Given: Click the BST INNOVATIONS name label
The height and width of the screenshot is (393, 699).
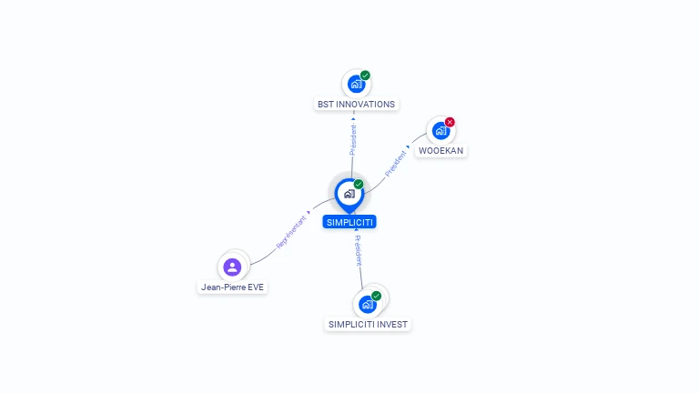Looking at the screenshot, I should coord(356,105).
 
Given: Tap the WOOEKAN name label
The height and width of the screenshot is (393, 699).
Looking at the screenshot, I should coord(441,150).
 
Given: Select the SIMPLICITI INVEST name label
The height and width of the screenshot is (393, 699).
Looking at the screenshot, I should coord(369,325).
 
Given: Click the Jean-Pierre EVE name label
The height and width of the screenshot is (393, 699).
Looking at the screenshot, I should coord(233,287).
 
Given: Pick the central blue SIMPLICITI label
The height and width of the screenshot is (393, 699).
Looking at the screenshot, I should coord(349,222).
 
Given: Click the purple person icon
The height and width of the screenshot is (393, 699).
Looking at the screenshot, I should coord(232,267).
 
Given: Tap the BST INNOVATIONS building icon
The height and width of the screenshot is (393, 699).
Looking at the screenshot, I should coord(355,84).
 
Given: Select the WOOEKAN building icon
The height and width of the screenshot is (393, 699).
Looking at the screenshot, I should coord(441,130).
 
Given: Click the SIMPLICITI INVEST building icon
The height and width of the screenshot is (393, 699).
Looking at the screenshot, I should coord(367,304).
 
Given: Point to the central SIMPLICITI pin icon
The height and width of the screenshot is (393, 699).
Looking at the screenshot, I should coord(349,194).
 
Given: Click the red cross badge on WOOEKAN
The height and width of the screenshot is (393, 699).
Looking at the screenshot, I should coord(450,122).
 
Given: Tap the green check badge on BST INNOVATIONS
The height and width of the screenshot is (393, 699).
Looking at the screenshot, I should coord(365,76).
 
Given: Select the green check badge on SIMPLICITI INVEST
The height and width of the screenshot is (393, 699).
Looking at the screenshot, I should coord(376,296).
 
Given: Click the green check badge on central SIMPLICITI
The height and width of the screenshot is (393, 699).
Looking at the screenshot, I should coord(359,185).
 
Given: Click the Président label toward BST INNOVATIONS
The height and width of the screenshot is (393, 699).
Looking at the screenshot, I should coord(353,138).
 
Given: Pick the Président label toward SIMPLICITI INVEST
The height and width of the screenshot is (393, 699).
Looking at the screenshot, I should coord(359,249).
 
